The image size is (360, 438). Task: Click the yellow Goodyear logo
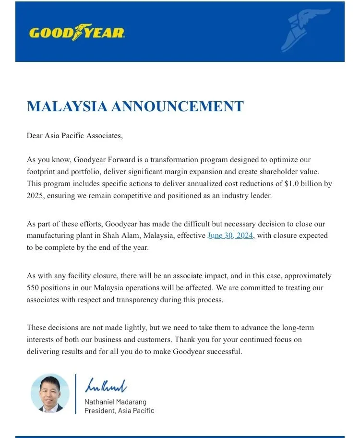point(77,33)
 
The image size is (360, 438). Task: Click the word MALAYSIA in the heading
point(67,107)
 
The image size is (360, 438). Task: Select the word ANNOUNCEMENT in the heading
point(177,107)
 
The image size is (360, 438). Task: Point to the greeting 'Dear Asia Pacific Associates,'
point(75,136)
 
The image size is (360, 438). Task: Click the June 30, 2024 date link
point(230,236)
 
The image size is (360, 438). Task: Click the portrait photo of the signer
point(50,393)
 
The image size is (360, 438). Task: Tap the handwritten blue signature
point(106,385)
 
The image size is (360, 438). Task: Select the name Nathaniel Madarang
point(115,402)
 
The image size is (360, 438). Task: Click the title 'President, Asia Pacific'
point(120,411)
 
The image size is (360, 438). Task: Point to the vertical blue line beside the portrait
point(75,393)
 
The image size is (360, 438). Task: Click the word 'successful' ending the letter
point(224,352)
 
